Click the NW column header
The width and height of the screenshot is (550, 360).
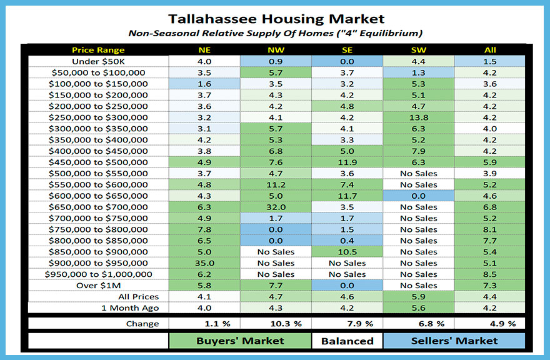[276, 50]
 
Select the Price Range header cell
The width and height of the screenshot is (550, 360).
[98, 50]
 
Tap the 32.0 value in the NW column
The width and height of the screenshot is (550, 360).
[276, 207]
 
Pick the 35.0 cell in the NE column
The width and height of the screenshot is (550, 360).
[204, 263]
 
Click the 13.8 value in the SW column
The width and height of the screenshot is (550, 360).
[418, 117]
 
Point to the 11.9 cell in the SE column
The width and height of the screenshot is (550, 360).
[347, 162]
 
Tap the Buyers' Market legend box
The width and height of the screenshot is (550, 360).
[240, 341]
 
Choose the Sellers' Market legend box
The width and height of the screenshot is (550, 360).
[454, 341]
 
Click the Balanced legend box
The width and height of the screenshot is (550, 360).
[347, 341]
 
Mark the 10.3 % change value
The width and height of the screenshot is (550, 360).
[276, 324]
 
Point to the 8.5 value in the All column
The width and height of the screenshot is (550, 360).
[489, 274]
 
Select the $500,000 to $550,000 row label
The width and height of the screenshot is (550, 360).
[98, 173]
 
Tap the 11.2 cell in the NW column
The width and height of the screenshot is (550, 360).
[276, 184]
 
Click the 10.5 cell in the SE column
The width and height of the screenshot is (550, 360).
[347, 252]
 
